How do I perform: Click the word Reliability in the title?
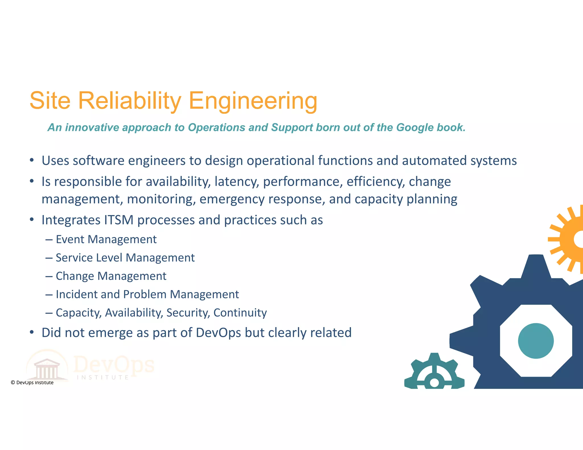(x=130, y=101)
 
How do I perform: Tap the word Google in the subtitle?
(x=415, y=127)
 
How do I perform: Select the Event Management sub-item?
(x=106, y=240)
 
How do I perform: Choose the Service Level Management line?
(x=125, y=258)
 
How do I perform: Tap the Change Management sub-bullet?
(x=111, y=276)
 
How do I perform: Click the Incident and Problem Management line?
(x=147, y=294)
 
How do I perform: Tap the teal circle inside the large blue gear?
(x=536, y=341)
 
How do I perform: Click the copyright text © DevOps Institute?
(x=32, y=383)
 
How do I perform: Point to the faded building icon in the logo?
(x=47, y=369)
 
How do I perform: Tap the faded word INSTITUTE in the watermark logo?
(x=103, y=377)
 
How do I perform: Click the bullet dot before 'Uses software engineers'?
(x=32, y=160)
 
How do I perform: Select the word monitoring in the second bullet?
(x=161, y=199)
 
